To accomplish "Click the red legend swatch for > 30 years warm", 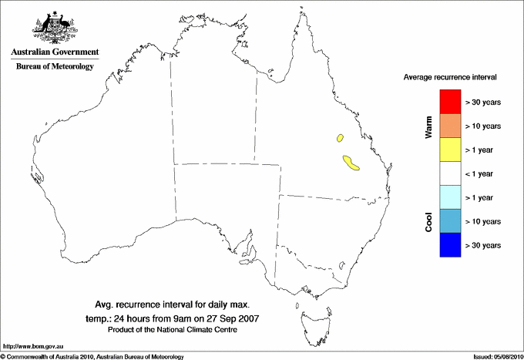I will click(x=449, y=102).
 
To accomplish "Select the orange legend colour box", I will click(x=449, y=126).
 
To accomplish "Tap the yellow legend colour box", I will click(x=449, y=150).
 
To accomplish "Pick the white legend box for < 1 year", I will click(x=449, y=173).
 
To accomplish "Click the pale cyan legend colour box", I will click(x=449, y=197).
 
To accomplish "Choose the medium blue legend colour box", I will click(x=449, y=221).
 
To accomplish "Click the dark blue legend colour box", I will click(x=449, y=245).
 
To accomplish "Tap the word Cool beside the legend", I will click(x=428, y=221).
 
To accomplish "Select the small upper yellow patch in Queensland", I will click(x=339, y=139).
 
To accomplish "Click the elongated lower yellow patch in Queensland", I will click(x=351, y=162).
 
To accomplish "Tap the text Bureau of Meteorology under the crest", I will click(x=55, y=67).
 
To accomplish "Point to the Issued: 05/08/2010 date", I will click(x=497, y=356).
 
